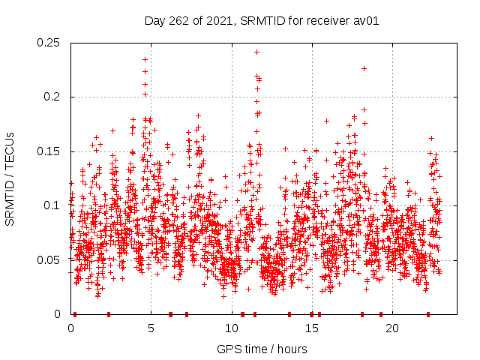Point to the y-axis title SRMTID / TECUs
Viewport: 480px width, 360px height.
(x=10, y=178)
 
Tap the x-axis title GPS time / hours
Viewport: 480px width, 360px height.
(x=262, y=349)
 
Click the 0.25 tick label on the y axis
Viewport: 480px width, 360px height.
(x=49, y=43)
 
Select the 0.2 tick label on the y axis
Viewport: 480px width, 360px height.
(x=53, y=97)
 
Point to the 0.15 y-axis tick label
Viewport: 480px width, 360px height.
(x=49, y=151)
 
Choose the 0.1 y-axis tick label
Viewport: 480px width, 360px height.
(x=53, y=205)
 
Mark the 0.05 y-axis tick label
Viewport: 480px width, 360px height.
(x=49, y=259)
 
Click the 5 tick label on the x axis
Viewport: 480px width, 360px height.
(x=151, y=328)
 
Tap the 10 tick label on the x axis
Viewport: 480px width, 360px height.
(x=231, y=328)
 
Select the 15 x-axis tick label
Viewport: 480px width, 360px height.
(x=311, y=328)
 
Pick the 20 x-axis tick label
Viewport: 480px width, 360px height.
(x=391, y=328)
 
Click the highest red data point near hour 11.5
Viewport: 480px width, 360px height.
(x=256, y=52)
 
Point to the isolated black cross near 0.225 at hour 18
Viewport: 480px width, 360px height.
(x=364, y=68)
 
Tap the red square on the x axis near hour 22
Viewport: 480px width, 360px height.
(x=427, y=314)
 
